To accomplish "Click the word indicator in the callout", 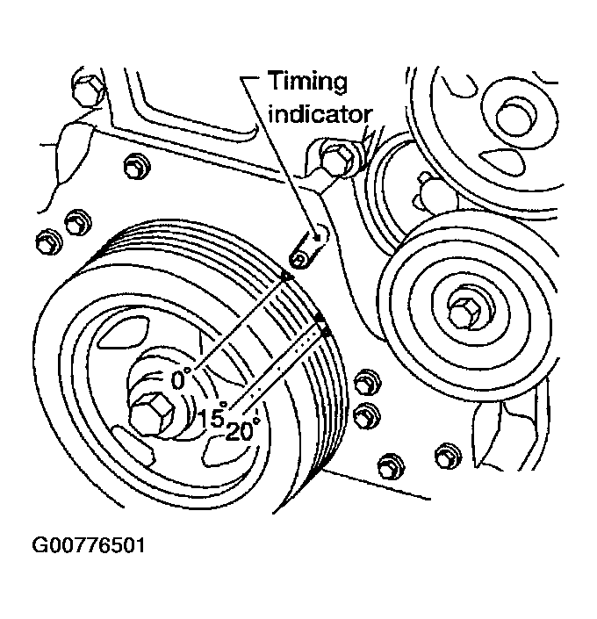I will pyautogui.click(x=320, y=114).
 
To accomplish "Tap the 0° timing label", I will pyautogui.click(x=183, y=379).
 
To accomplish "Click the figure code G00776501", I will pyautogui.click(x=88, y=546).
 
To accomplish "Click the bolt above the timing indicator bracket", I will pyautogui.click(x=336, y=159).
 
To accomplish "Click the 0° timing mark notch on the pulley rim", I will pyautogui.click(x=286, y=277).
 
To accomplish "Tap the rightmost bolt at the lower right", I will pyautogui.click(x=447, y=454).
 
